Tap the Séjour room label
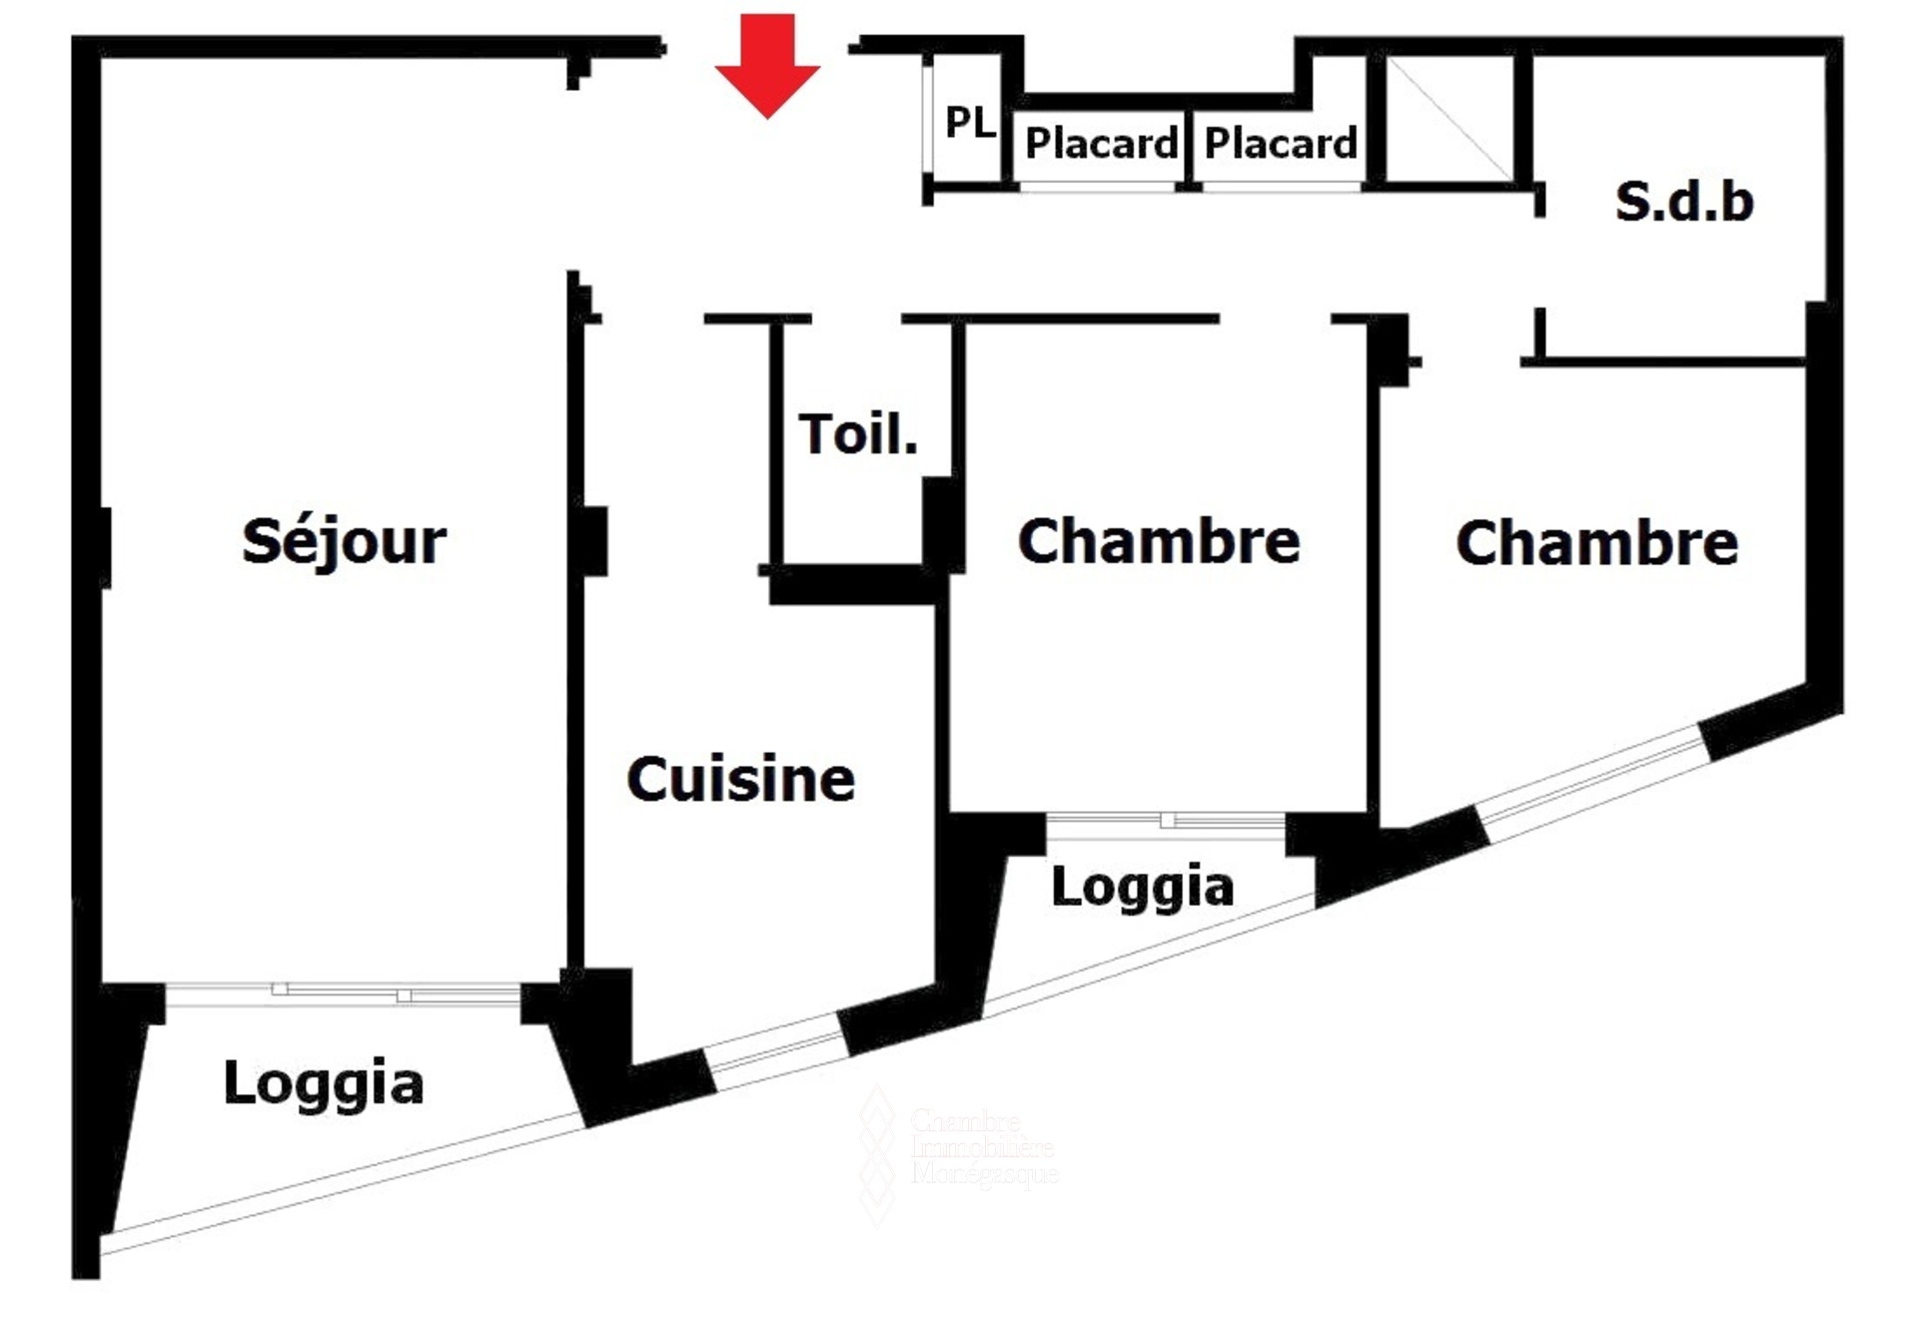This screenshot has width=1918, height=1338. tap(344, 542)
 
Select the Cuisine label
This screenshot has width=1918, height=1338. tap(740, 780)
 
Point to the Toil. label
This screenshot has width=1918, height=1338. tap(858, 434)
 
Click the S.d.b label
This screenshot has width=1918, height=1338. tap(1684, 202)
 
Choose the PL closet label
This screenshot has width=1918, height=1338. tap(969, 123)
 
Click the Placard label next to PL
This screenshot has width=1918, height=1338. tap(1101, 144)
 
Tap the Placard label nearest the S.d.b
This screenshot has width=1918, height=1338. tap(1281, 143)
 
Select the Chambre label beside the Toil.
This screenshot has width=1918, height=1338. tap(1159, 542)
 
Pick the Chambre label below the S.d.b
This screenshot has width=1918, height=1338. tap(1596, 544)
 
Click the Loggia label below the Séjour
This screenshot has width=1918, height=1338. tap(324, 1084)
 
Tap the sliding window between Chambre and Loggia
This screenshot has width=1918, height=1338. tap(1166, 822)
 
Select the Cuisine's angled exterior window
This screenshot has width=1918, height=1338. tap(776, 1052)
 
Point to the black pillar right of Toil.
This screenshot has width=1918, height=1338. tap(940, 524)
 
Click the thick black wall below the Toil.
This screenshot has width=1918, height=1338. tap(854, 586)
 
